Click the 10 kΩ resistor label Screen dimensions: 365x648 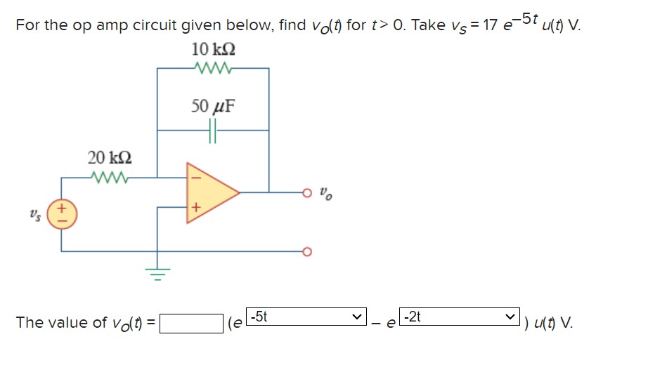tap(213, 51)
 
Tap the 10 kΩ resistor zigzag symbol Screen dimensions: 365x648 tap(212, 69)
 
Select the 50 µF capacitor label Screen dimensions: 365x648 tap(213, 107)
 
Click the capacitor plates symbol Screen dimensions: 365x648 tap(213, 130)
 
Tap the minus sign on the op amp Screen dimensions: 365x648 tap(196, 177)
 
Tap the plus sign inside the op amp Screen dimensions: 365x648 tap(196, 208)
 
